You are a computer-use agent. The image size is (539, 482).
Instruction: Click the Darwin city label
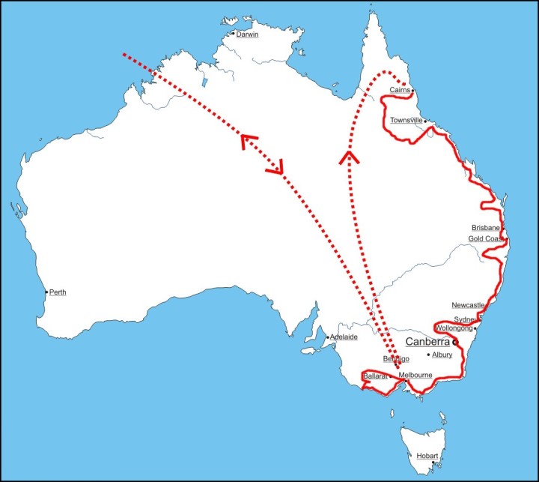coord(247,34)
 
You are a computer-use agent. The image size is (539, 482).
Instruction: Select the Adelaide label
coord(344,337)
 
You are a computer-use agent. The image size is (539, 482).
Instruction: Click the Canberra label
coord(427,342)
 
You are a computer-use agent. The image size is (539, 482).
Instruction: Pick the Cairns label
coord(400,91)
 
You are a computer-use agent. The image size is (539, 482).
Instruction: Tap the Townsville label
coord(406,120)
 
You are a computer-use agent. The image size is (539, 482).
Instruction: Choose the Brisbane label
coord(486,228)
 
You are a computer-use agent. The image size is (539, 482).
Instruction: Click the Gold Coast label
coord(485,239)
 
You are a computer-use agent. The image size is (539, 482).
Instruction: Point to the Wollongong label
coord(454,328)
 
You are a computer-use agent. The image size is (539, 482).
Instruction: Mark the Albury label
coord(443,355)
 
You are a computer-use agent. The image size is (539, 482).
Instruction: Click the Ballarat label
coord(374,375)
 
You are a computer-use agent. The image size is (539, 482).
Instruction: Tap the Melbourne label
coord(415,375)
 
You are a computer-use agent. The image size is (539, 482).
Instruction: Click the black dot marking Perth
coord(46,292)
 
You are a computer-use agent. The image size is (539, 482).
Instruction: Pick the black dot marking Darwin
coord(233,34)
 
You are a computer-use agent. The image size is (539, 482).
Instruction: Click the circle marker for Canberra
coord(454,343)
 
